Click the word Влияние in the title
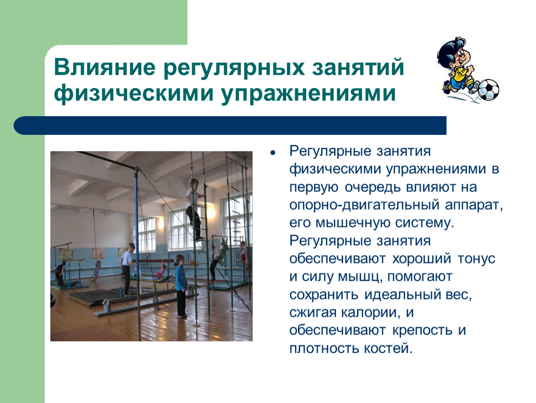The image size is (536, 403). (104, 67)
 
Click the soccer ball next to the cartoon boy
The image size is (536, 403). (488, 90)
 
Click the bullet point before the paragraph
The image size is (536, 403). (273, 153)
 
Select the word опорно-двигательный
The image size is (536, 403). (364, 205)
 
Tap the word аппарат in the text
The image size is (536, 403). (474, 205)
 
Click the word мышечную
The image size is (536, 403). (352, 223)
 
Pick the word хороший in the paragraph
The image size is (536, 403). (421, 259)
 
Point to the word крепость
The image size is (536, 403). (422, 331)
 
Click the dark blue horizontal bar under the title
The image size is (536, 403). (230, 125)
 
